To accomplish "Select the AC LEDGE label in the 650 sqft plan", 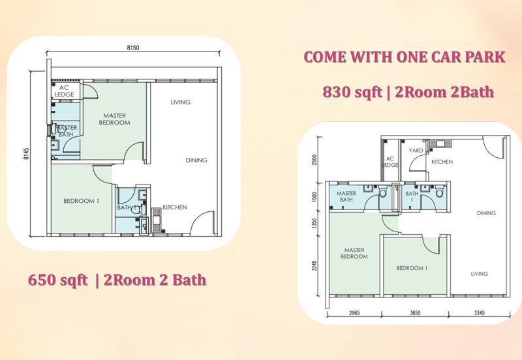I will click(x=66, y=91).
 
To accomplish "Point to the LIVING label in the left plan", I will click(x=180, y=102).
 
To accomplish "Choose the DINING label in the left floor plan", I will click(x=196, y=160).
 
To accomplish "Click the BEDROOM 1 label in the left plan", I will click(x=81, y=201).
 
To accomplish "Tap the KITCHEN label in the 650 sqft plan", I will click(x=174, y=207).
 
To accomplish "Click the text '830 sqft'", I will click(x=350, y=92).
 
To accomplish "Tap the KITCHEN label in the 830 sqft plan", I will click(x=442, y=161).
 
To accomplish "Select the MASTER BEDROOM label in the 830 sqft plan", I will click(x=354, y=253).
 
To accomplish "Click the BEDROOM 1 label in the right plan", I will click(x=412, y=268).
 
